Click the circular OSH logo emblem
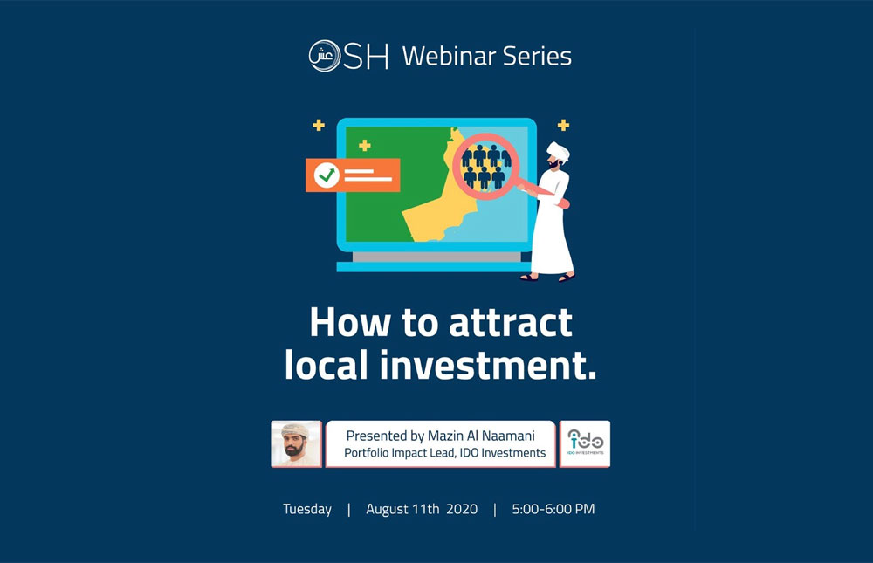[x=325, y=56]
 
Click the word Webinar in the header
[x=449, y=56]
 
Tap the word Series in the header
[x=537, y=56]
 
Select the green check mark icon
[x=327, y=175]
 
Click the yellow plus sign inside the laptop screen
[x=365, y=146]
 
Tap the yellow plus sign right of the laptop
[x=563, y=125]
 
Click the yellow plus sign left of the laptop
[x=319, y=125]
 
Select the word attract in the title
[x=511, y=323]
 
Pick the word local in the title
[x=327, y=366]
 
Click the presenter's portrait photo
[x=296, y=443]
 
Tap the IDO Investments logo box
[x=585, y=443]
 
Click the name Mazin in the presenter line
[x=446, y=436]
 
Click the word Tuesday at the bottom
[x=306, y=509]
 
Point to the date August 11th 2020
[x=422, y=509]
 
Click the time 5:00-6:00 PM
[x=553, y=509]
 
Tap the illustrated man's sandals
[x=548, y=277]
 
